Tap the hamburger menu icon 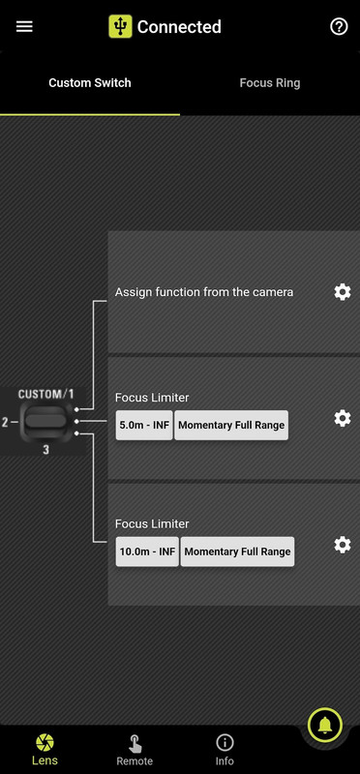coord(24,26)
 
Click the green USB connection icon coord(120,26)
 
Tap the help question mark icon coord(339,26)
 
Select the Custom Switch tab coord(90,83)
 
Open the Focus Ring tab coord(270,83)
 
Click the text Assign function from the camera coord(204,291)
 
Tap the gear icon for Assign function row coord(342,291)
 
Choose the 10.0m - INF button coord(147,551)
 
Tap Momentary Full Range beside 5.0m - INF coord(232,426)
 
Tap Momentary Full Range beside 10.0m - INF coord(237,551)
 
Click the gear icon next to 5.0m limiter coord(342,418)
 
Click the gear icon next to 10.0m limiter coord(342,545)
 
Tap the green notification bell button coord(325,724)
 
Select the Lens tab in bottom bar coord(45,749)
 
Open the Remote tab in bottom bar coord(135,749)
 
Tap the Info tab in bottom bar coord(225,749)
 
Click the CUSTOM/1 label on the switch coord(45,395)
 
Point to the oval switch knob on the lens coord(45,421)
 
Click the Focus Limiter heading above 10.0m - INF coord(152,523)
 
